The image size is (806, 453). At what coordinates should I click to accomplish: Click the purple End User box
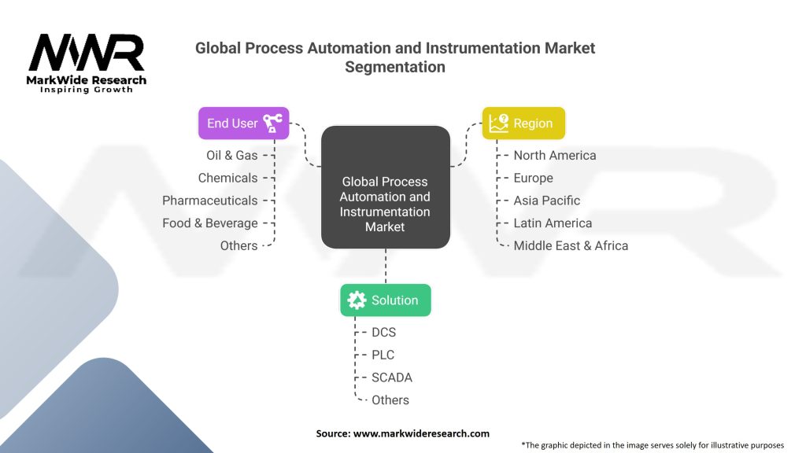(243, 123)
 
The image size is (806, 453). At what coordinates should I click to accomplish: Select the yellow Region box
(523, 123)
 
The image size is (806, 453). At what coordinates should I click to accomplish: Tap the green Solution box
(385, 300)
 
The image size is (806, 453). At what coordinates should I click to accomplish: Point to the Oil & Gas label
(231, 156)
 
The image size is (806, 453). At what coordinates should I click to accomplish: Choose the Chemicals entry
(227, 179)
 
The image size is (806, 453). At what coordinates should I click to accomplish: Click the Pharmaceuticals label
(210, 201)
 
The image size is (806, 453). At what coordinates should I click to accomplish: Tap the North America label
(555, 156)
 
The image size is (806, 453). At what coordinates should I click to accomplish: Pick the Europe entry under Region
(533, 179)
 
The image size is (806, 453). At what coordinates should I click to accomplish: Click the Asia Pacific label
(546, 201)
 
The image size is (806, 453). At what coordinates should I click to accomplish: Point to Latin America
(553, 223)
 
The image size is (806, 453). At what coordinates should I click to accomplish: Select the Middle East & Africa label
(571, 246)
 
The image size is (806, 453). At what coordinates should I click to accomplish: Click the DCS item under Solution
(383, 333)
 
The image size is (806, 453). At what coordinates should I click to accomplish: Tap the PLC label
(383, 355)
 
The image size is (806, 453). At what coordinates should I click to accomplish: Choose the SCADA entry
(391, 377)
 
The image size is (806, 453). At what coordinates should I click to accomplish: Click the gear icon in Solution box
(357, 300)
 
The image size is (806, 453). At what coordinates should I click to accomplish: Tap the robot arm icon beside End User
(272, 123)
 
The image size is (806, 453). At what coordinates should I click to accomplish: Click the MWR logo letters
(87, 54)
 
